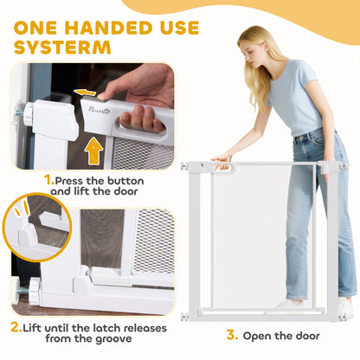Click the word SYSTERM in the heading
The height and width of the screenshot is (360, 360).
(x=62, y=48)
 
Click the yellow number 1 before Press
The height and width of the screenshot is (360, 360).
(x=49, y=180)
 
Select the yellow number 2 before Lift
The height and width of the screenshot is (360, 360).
(x=16, y=327)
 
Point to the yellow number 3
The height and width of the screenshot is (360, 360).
(x=232, y=335)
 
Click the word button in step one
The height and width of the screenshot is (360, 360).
(x=125, y=181)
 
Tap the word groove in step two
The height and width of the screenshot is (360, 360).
(x=113, y=338)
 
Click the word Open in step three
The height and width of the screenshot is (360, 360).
(x=257, y=337)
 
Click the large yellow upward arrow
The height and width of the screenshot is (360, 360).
(x=93, y=151)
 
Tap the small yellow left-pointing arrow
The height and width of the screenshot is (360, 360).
(x=85, y=93)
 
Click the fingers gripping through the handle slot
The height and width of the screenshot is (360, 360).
(x=142, y=119)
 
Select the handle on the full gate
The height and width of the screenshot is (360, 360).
(x=222, y=167)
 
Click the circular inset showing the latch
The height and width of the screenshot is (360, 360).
(x=37, y=228)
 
